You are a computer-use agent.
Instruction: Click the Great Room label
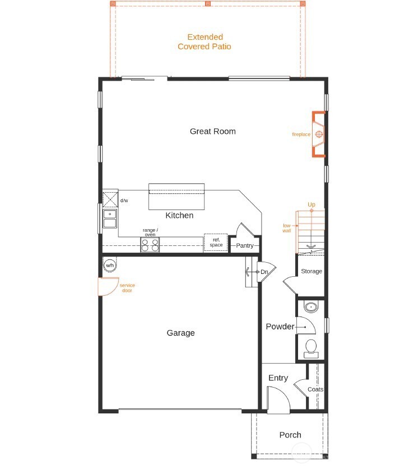click(212, 132)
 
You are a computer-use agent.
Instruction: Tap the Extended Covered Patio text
click(204, 42)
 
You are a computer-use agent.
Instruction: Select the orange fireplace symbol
click(319, 134)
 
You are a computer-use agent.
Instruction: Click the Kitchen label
click(179, 215)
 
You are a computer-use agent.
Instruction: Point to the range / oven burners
click(150, 245)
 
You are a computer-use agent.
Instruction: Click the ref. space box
click(216, 243)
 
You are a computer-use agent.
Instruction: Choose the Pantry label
click(245, 245)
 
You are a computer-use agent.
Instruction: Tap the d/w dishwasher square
click(110, 199)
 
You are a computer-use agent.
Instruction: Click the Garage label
click(180, 333)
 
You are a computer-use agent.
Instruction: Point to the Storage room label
click(312, 271)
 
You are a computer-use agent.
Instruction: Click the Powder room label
click(280, 327)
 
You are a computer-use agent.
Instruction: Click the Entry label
click(278, 378)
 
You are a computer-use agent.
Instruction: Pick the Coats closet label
click(315, 389)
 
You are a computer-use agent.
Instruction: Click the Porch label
click(290, 435)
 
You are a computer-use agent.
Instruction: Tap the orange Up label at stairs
click(312, 205)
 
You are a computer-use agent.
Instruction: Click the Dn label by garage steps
click(264, 272)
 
